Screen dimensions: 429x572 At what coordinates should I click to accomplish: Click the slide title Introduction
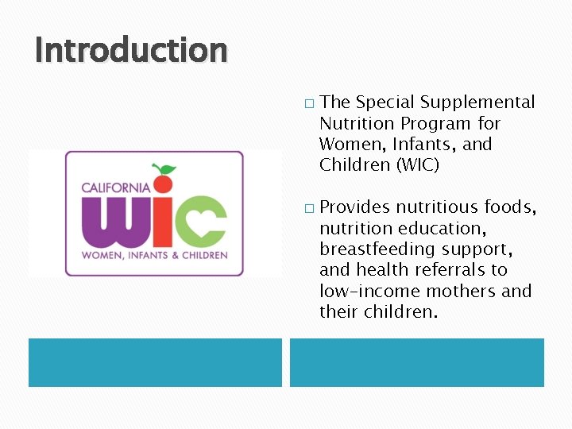131,50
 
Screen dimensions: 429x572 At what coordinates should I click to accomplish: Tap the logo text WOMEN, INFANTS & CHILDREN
154,255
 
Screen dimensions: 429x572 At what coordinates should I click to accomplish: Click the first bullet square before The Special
308,103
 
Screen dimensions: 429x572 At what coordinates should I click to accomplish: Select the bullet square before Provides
308,208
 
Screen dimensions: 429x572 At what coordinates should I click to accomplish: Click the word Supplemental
477,102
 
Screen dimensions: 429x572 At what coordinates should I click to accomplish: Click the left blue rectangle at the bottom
155,362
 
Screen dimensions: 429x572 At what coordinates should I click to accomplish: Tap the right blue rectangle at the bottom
416,362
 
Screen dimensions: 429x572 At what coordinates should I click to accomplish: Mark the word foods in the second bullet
512,207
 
